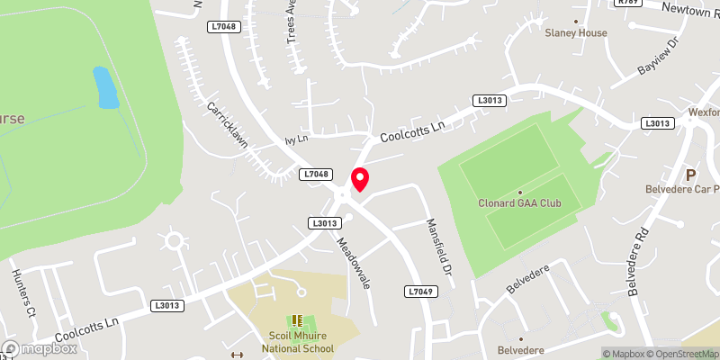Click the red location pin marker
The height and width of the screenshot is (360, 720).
[360, 179]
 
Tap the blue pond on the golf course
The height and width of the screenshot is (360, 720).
[106, 87]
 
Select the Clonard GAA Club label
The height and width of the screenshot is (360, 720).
[519, 203]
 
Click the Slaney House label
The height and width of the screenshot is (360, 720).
[576, 33]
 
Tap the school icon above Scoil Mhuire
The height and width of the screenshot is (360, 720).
[298, 321]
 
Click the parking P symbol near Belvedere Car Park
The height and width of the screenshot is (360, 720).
[691, 175]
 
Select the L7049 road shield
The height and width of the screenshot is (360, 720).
[420, 292]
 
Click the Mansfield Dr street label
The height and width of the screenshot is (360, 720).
[437, 254]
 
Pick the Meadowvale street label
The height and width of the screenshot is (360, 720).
[354, 262]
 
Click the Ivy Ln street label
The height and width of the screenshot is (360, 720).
[296, 139]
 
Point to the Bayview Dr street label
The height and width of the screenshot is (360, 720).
[656, 57]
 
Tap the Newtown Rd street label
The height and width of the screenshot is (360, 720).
[693, 9]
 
